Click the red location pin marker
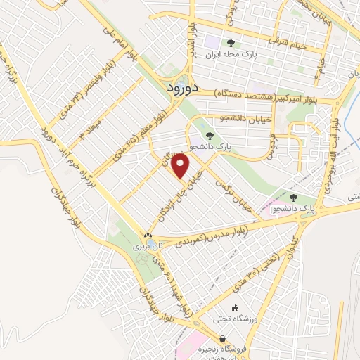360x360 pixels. tap(181, 166)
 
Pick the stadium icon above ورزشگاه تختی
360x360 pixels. tap(236, 309)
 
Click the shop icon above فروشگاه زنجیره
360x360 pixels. tap(222, 339)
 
